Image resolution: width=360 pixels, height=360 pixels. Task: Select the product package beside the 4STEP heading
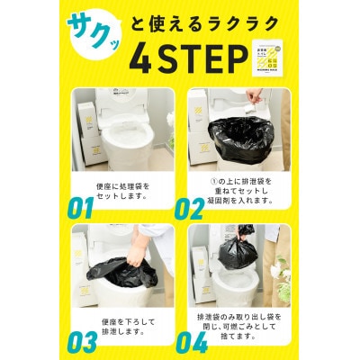point(267,58)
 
